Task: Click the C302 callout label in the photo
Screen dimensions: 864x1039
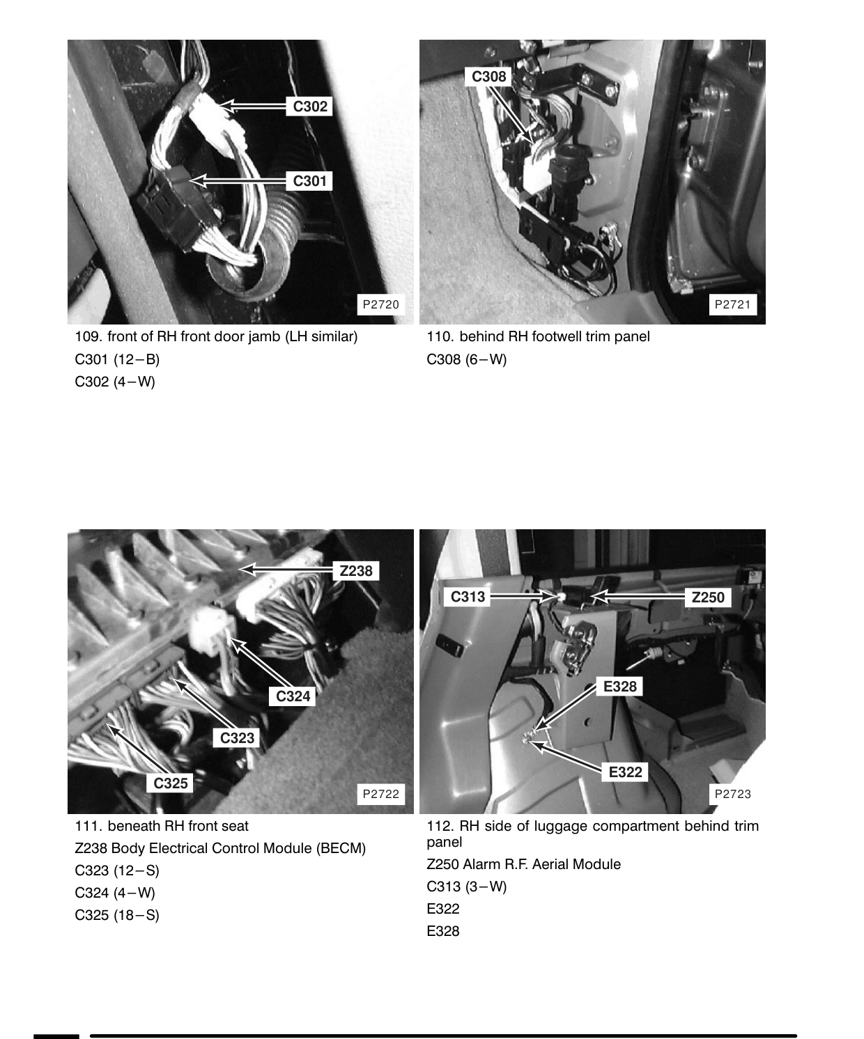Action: (309, 107)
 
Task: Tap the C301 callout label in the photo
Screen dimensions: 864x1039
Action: (309, 180)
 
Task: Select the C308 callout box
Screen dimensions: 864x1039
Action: (488, 77)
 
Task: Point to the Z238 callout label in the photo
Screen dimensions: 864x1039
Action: (356, 571)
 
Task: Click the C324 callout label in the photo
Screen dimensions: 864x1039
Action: (293, 696)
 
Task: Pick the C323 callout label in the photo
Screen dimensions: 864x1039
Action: (237, 737)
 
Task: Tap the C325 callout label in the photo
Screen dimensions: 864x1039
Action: (170, 783)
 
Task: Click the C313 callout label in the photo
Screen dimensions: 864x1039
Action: (467, 597)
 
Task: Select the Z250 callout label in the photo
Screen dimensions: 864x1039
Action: (708, 597)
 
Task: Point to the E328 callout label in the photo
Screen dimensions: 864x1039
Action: (620, 687)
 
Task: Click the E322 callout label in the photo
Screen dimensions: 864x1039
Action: (625, 772)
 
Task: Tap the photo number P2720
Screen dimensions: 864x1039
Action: (381, 304)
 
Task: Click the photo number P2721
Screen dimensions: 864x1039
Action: (732, 304)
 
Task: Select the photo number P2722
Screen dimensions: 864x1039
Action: (381, 794)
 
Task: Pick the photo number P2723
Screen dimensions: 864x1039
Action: (732, 794)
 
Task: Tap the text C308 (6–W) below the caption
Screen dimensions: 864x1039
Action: (467, 359)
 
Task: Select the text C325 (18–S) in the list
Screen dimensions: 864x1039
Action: (117, 915)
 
